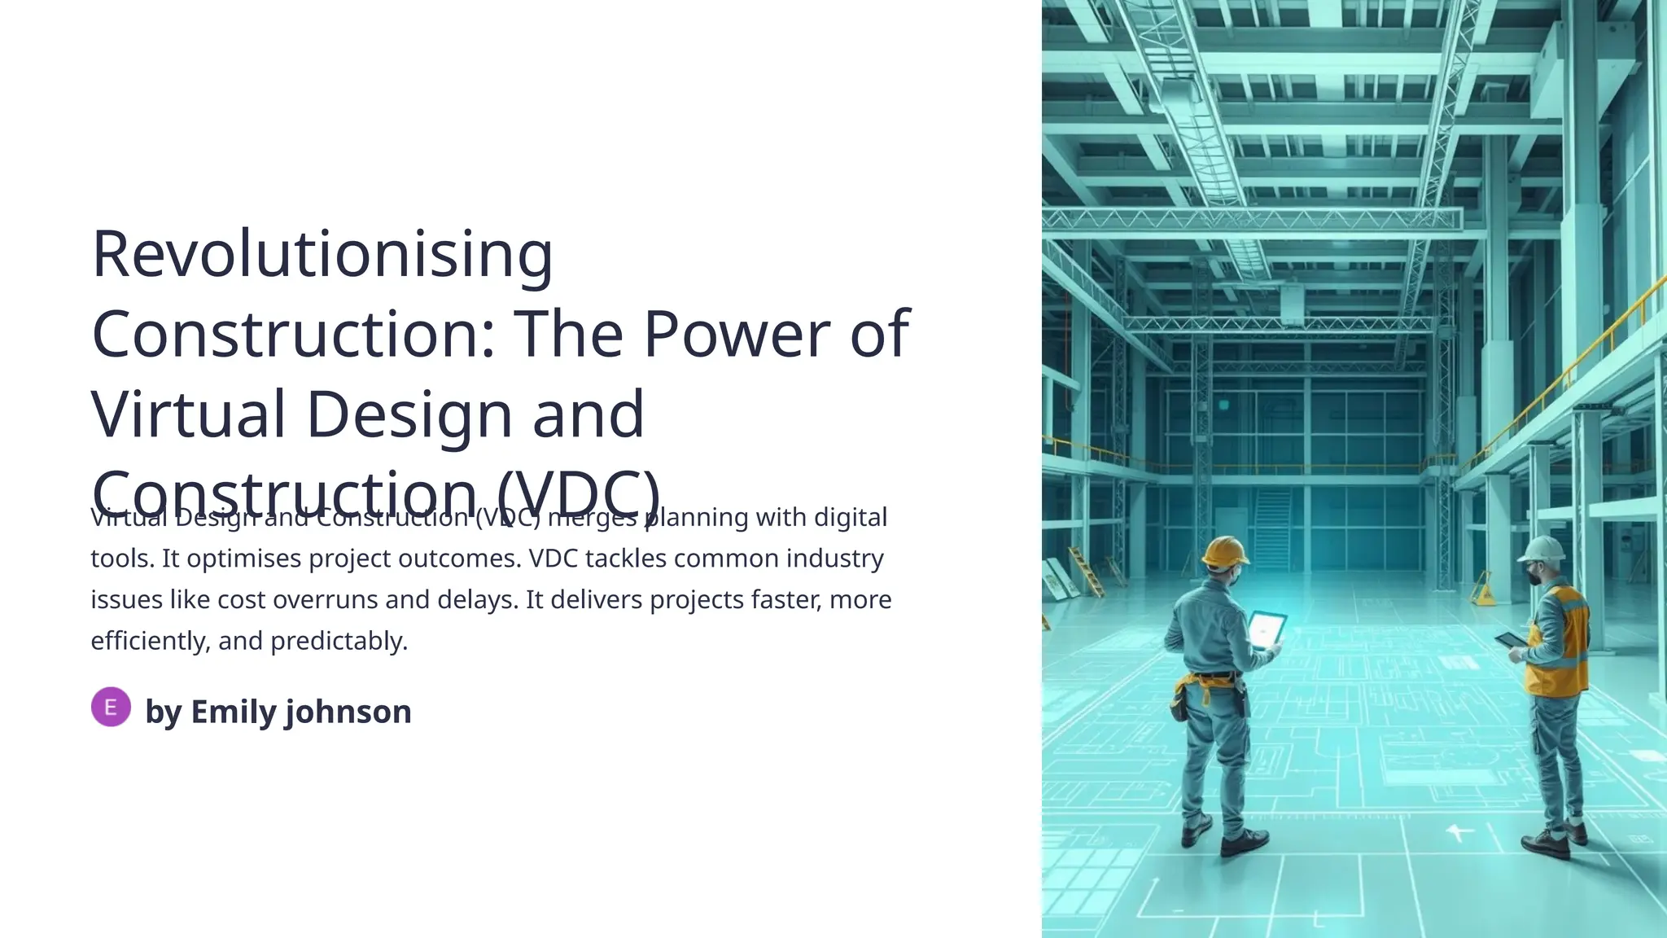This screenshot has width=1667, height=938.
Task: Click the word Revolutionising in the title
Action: (322, 254)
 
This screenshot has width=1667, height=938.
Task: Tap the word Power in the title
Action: (736, 334)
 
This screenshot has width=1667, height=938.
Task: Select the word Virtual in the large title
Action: (188, 414)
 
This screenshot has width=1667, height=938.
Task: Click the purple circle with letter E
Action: (111, 707)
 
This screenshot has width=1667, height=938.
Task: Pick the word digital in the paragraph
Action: (850, 517)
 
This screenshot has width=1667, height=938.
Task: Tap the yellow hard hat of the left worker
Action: (1225, 552)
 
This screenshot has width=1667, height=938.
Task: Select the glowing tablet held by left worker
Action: (1267, 629)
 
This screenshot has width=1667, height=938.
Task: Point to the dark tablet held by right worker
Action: (1511, 640)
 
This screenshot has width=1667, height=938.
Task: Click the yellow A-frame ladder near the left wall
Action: (1086, 572)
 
